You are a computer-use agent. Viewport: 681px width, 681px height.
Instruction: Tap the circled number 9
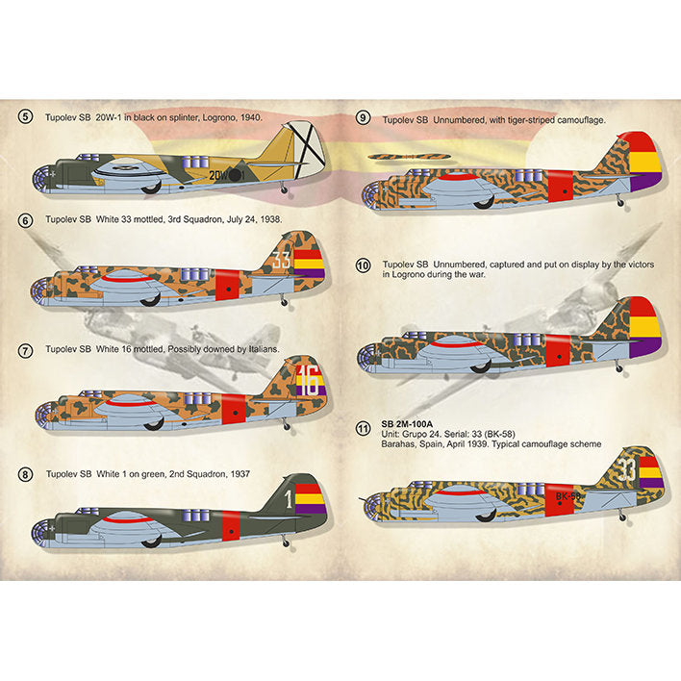click(x=363, y=119)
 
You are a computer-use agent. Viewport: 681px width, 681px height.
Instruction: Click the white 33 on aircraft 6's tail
click(x=281, y=259)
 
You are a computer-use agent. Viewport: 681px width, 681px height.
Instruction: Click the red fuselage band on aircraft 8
click(x=231, y=525)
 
